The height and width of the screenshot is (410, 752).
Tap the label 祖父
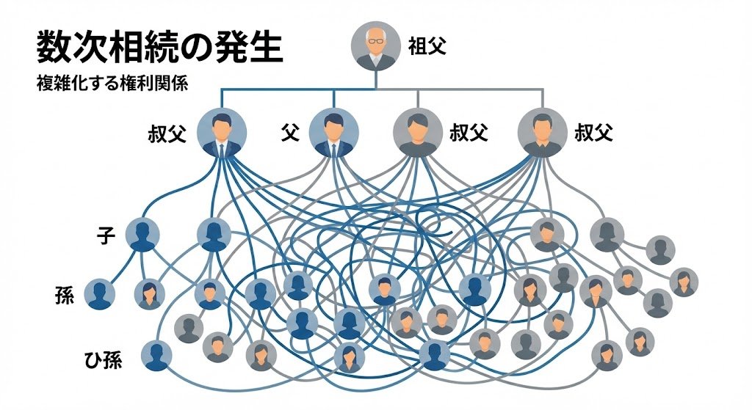click(427, 47)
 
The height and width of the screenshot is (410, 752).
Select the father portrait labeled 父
click(333, 133)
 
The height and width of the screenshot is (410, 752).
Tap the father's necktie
click(333, 150)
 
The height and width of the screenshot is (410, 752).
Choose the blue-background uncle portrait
click(222, 133)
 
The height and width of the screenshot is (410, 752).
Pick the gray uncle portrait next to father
click(418, 133)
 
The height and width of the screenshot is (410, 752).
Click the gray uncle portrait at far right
click(543, 133)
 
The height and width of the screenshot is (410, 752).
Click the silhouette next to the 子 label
click(142, 235)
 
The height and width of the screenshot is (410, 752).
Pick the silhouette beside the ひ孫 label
click(156, 356)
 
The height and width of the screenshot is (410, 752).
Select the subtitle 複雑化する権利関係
click(112, 83)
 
